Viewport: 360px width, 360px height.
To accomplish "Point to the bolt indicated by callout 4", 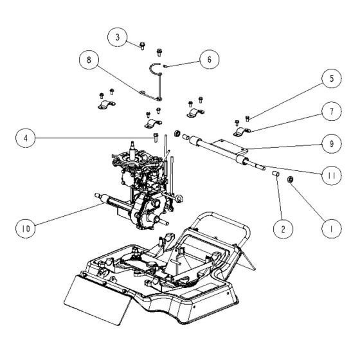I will [156, 135].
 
